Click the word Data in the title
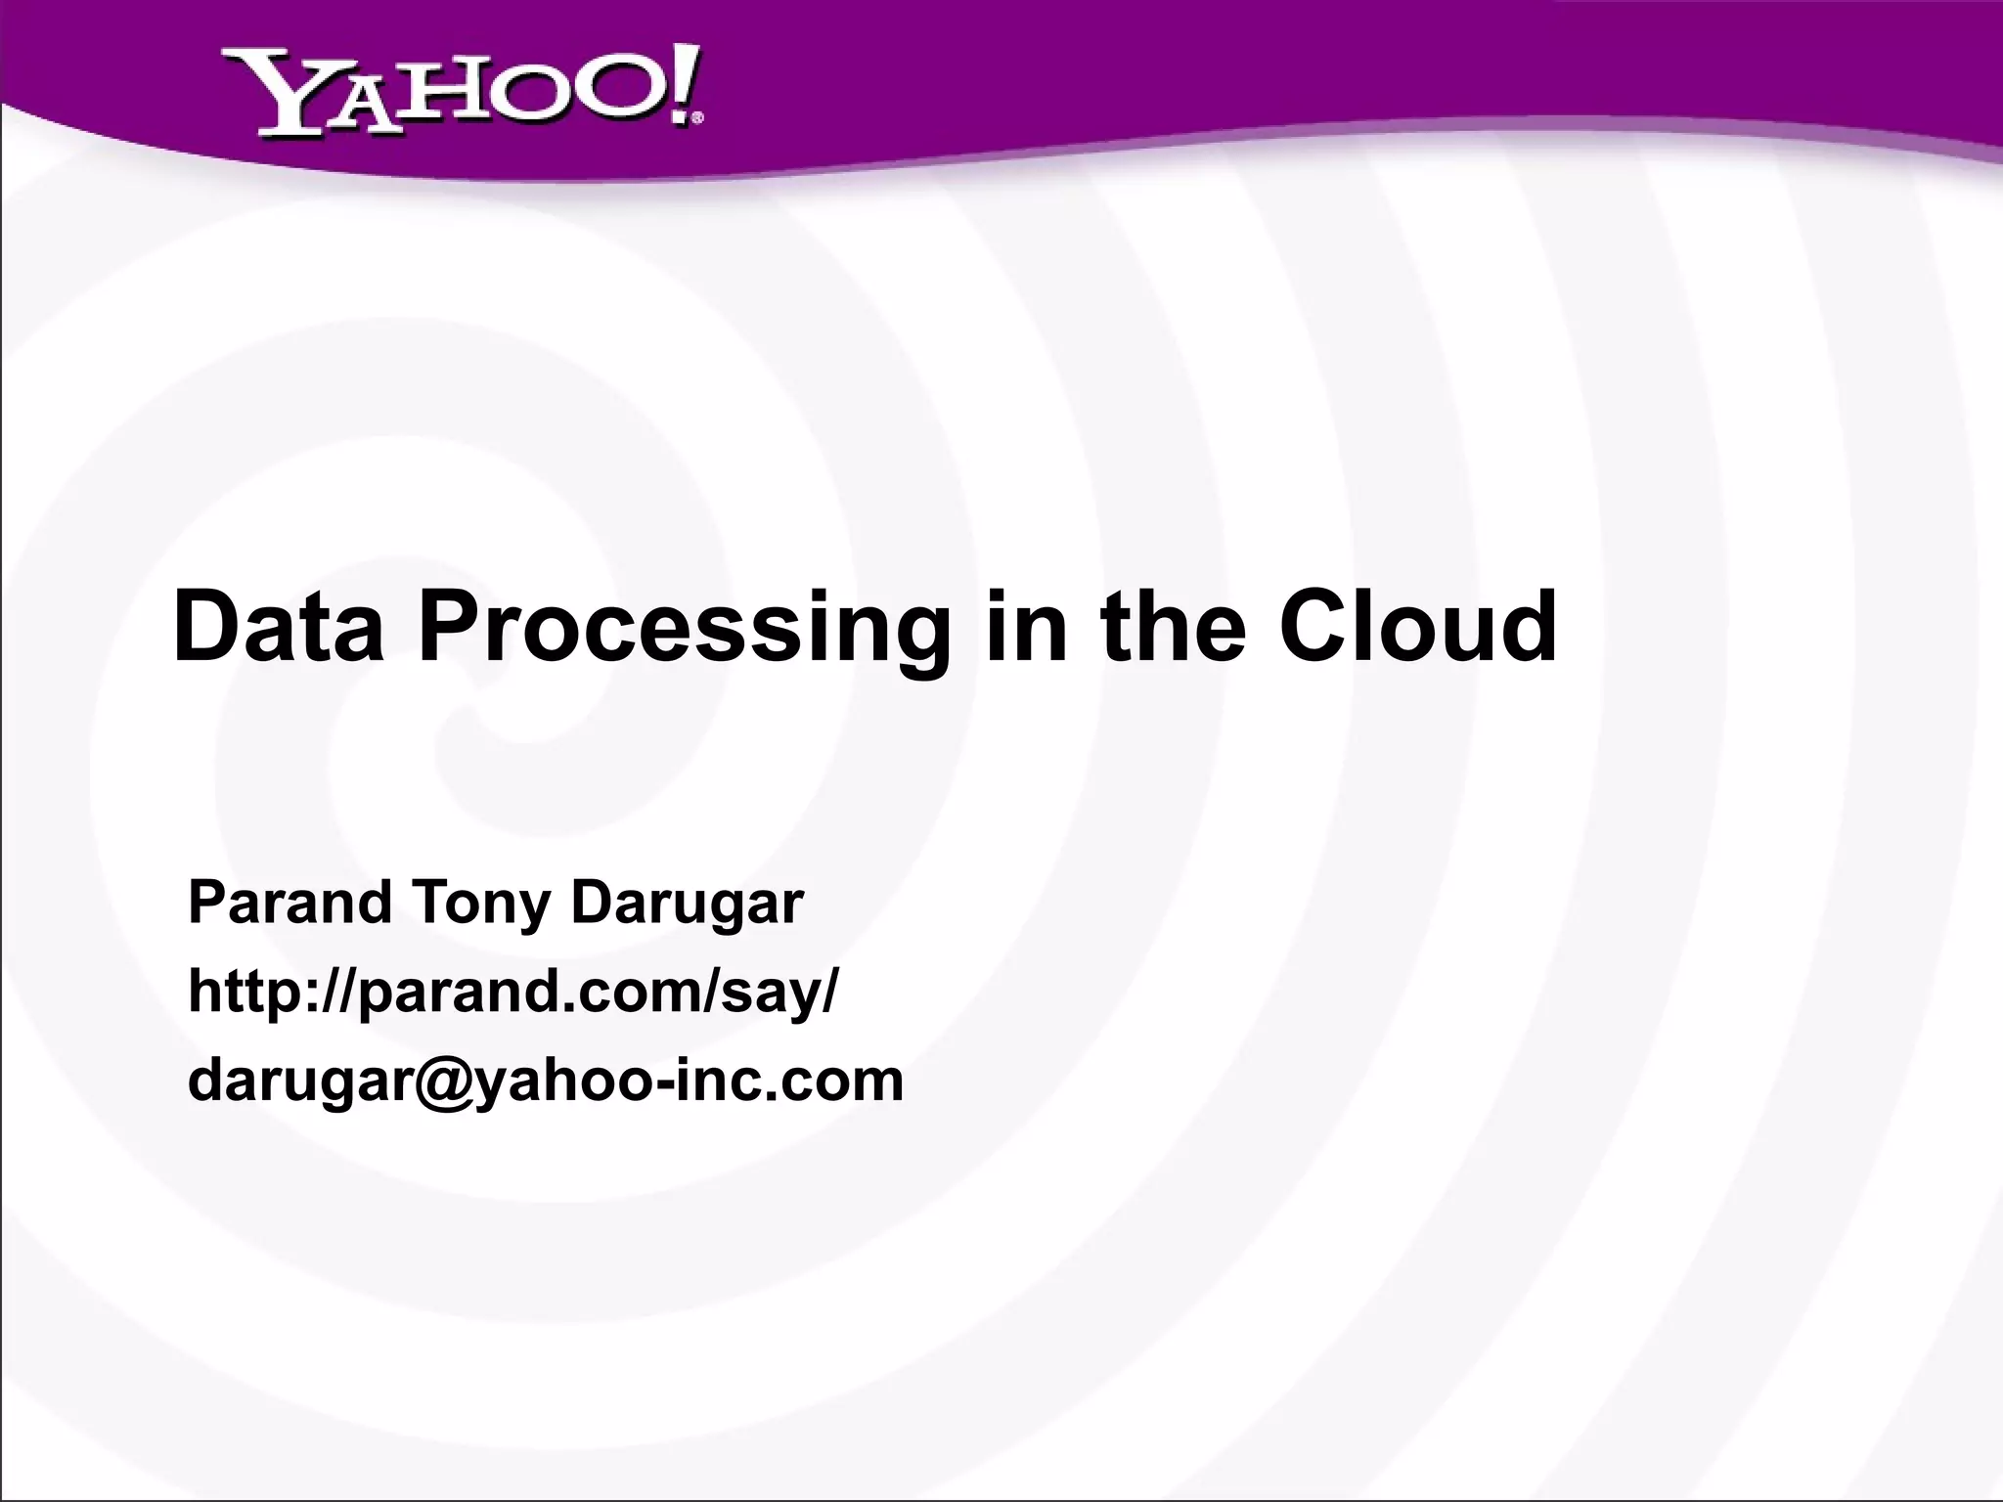coord(278,626)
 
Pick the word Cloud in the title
coord(1417,626)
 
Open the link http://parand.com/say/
coord(512,994)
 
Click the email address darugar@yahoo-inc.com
coord(545,1082)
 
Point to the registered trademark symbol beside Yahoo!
coord(696,119)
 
